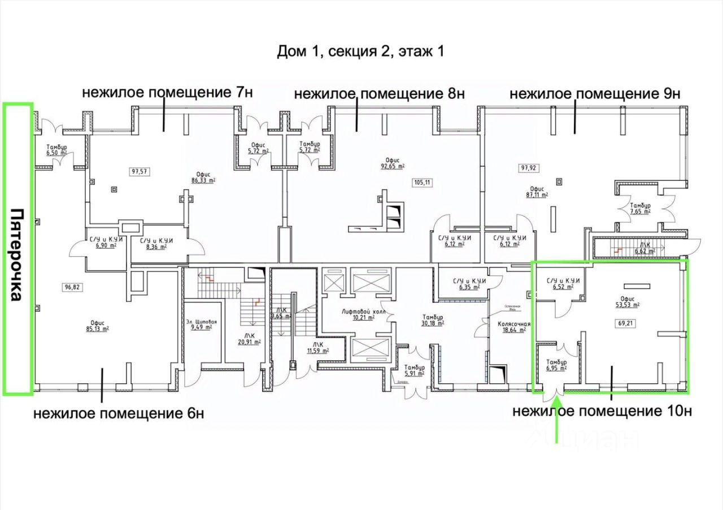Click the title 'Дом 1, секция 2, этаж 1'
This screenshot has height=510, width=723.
coord(360,51)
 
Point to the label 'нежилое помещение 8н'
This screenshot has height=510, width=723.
coord(379,93)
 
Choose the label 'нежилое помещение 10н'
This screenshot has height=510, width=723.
coord(602,411)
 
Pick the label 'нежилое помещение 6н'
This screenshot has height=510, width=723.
coord(119,413)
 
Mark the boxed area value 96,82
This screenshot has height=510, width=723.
coord(73,287)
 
